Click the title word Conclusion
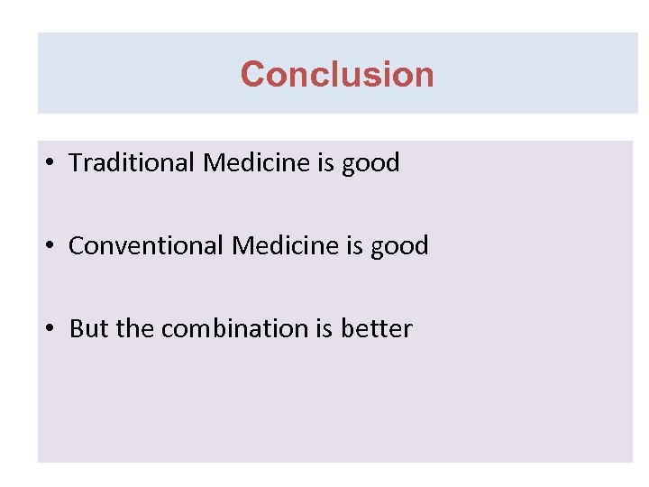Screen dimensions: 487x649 pos(337,74)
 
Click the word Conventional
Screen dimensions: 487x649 pos(147,246)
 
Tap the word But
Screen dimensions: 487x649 pos(88,329)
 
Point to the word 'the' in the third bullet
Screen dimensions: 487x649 pos(135,329)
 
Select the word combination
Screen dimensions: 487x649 pos(234,329)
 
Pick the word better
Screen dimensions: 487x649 pos(376,329)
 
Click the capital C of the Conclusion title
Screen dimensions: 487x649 pos(252,74)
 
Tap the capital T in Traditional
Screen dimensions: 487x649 pos(76,163)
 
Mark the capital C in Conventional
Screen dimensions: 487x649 pos(77,246)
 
